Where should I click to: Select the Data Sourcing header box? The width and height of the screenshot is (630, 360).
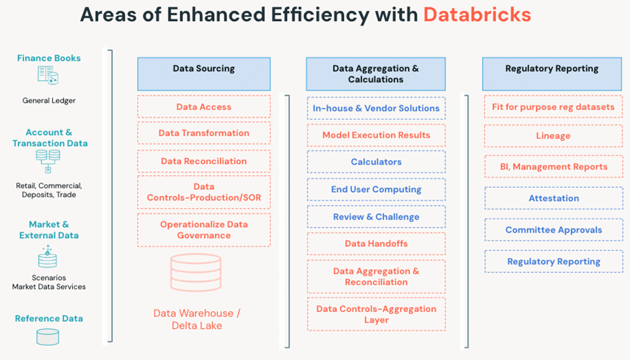[x=204, y=73]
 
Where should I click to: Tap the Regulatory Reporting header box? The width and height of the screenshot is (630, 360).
[x=552, y=73]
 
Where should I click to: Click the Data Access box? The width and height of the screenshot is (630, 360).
[x=204, y=107]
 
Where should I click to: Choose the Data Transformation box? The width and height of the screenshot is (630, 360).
[x=204, y=133]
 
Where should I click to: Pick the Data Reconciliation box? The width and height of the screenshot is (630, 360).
[x=204, y=161]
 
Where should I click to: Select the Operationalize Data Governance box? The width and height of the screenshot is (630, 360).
[x=204, y=230]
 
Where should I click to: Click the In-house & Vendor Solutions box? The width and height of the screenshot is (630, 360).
[x=376, y=108]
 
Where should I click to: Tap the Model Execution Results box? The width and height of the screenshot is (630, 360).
[x=376, y=135]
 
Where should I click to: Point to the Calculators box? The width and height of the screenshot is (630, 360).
[x=376, y=162]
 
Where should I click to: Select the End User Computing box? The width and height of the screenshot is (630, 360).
[x=376, y=189]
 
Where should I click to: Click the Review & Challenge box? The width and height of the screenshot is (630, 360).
[x=376, y=217]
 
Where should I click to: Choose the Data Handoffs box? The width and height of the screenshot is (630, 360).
[x=376, y=243]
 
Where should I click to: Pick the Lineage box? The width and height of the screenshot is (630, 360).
[x=553, y=136]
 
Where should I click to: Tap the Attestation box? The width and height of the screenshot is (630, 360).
[x=553, y=198]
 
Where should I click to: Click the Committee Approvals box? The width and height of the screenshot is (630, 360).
[x=553, y=230]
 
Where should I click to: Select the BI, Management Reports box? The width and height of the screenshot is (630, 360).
[x=553, y=167]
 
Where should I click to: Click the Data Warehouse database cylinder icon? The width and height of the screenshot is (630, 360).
[x=196, y=272]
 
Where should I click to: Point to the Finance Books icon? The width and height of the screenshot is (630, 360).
[x=48, y=76]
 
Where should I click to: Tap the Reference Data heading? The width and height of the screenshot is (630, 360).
[x=49, y=319]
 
